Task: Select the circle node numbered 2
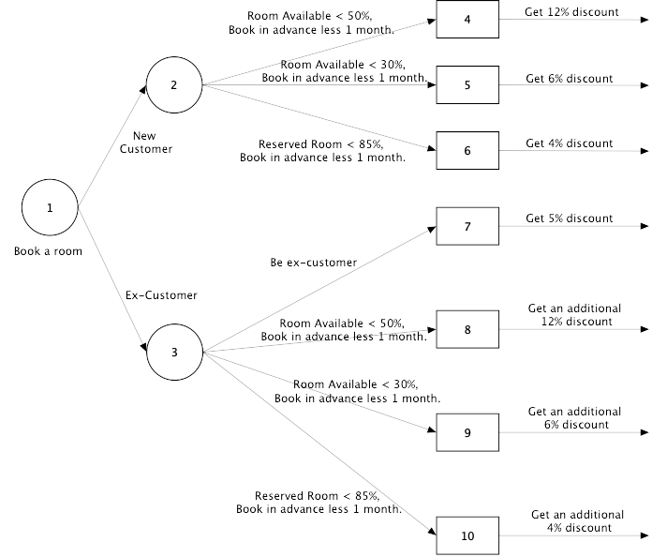coord(173,85)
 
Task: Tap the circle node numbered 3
coord(173,353)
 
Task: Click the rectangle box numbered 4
coord(467,19)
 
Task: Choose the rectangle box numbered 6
coord(467,150)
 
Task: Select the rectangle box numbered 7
coord(467,226)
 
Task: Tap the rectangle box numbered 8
coord(467,329)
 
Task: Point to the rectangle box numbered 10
coord(467,535)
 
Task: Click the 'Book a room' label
coord(48,251)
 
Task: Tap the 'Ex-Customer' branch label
coord(161,295)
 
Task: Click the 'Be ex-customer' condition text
coord(313,263)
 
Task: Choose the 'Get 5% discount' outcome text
coord(569,218)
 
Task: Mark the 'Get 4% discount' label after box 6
coord(569,143)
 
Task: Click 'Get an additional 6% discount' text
coord(574,418)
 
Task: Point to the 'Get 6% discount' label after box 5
coord(569,78)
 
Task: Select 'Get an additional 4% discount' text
coord(577,521)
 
